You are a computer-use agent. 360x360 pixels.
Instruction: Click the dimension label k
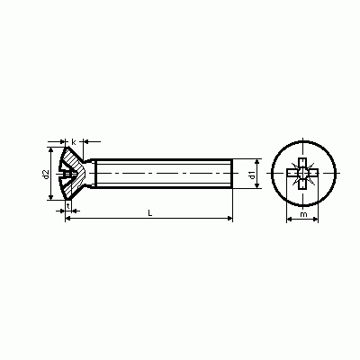[x=74, y=142]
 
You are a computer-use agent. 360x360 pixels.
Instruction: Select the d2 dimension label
[x=46, y=175]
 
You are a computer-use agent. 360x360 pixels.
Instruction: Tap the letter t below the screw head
[x=68, y=206]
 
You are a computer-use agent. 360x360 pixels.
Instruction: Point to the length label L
[x=150, y=213]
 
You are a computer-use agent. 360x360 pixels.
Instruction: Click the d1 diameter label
[x=252, y=175]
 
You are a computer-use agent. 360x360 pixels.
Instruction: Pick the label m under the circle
[x=303, y=214]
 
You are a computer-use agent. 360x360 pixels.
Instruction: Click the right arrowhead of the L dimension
[x=230, y=219]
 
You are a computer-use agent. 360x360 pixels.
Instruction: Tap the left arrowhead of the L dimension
[x=68, y=219]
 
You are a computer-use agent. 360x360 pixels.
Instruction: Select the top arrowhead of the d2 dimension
[x=51, y=149]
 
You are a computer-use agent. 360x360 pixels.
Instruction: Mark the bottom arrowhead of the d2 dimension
[x=51, y=197]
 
